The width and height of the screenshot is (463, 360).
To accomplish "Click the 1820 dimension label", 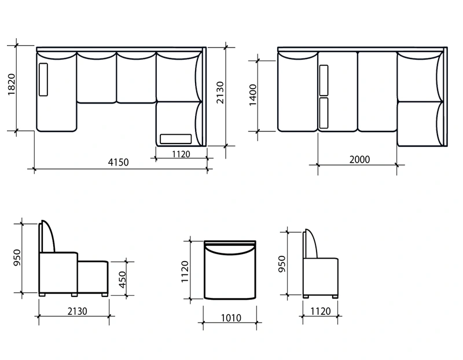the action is coord(11,85).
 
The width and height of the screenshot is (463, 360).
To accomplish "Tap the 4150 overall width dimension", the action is coord(118,162).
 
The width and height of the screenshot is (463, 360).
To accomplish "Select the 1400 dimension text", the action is coord(253,95).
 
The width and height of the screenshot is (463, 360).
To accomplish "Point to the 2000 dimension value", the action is coord(359,160).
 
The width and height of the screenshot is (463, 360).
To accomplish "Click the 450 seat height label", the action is coord(122,280).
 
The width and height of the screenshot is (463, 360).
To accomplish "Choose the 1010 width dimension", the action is coord(231,318).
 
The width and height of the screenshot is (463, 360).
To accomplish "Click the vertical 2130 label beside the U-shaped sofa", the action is coord(221,93).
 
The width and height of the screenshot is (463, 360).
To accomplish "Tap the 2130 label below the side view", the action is coord(77,311).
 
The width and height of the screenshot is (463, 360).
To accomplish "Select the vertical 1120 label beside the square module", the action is coord(185,271).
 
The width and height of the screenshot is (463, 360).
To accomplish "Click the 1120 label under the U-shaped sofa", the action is coord(181,154).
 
